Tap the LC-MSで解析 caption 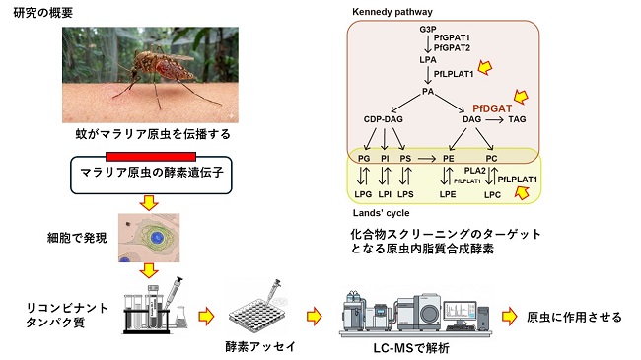coord(406,347)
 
